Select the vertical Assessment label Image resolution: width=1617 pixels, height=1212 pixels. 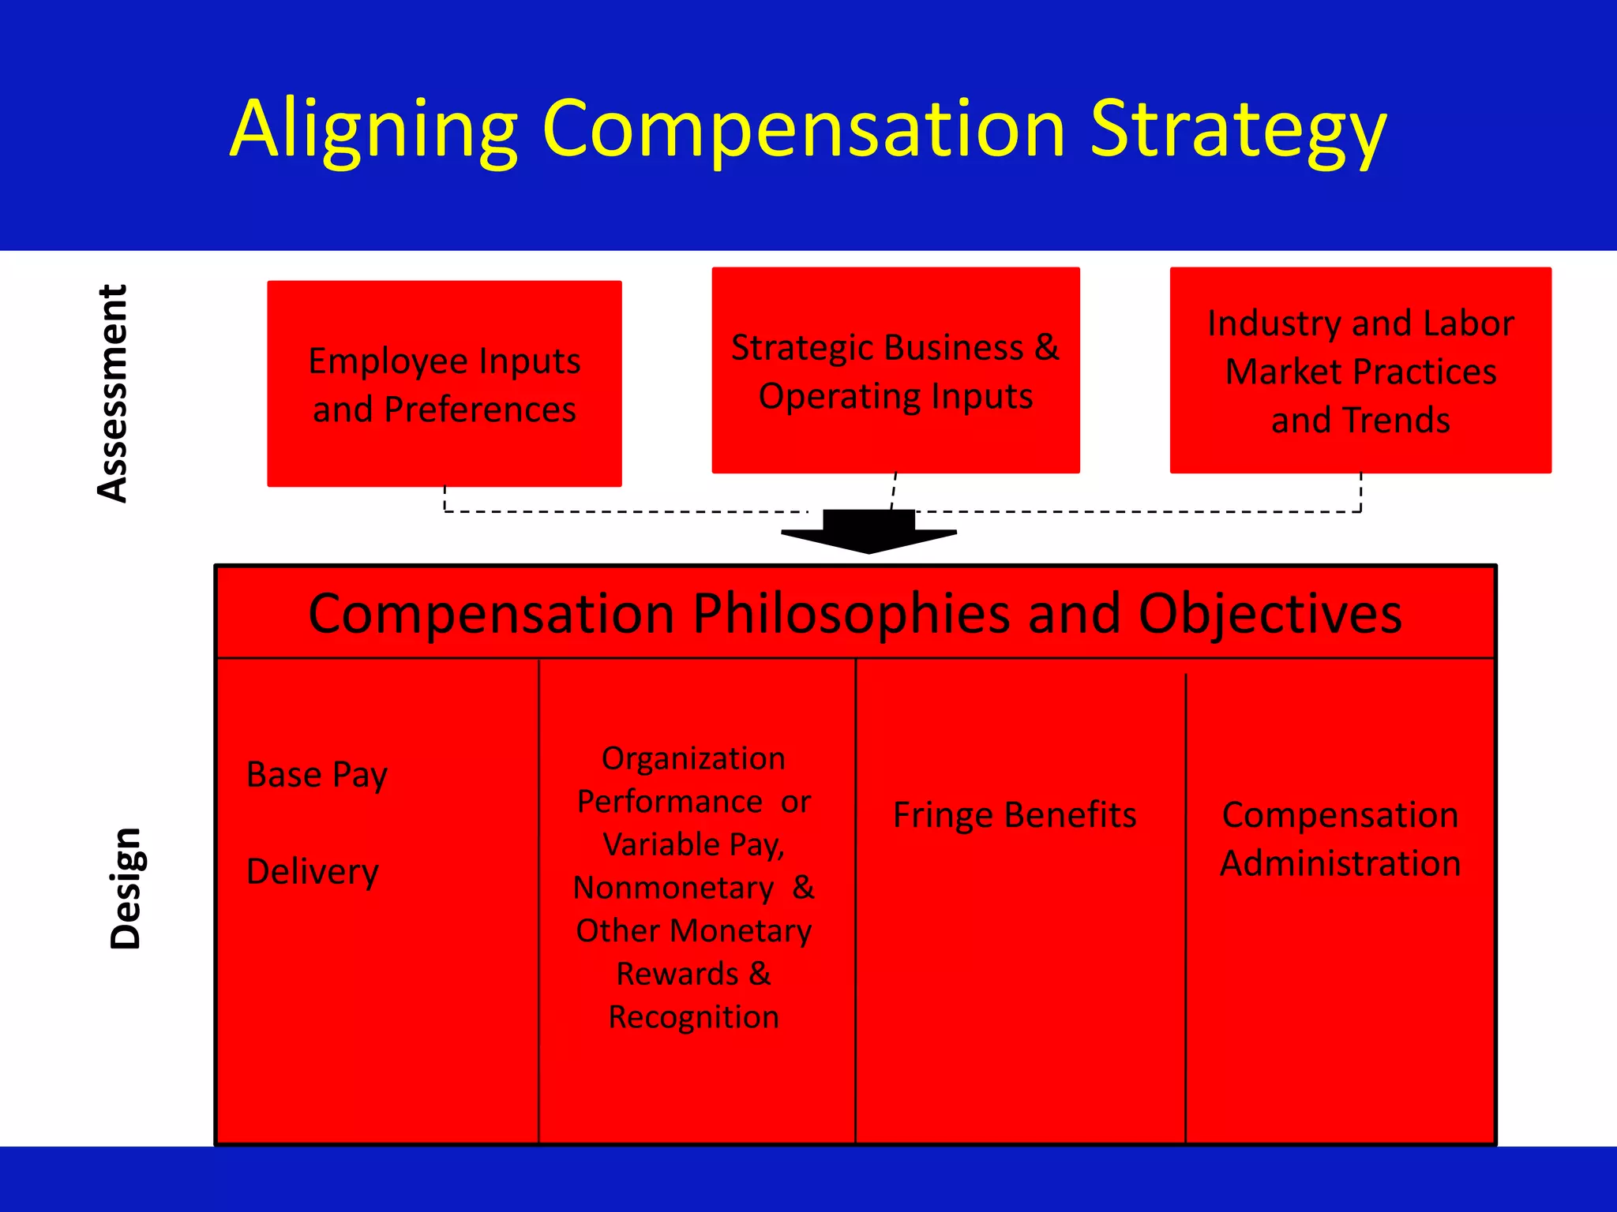pyautogui.click(x=113, y=393)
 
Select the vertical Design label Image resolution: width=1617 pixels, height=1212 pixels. pyautogui.click(x=126, y=888)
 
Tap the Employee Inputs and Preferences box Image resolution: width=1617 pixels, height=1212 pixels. pyautogui.click(x=445, y=384)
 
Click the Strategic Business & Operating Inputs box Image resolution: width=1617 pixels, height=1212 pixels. pyautogui.click(x=895, y=371)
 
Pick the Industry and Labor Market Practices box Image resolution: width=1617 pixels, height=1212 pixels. pyautogui.click(x=1360, y=371)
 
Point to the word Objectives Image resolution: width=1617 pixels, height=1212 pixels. pyautogui.click(x=1270, y=614)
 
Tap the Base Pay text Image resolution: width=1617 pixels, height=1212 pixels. pyautogui.click(x=317, y=775)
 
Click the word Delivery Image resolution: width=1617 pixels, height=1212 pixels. pyautogui.click(x=313, y=872)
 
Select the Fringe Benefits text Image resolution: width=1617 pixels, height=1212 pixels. pyautogui.click(x=1015, y=815)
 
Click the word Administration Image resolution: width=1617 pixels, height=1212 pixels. pyautogui.click(x=1340, y=863)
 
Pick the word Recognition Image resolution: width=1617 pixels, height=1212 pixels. pyautogui.click(x=693, y=1017)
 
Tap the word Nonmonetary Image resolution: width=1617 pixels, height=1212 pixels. pyautogui.click(x=673, y=888)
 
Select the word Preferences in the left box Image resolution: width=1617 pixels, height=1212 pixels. pyautogui.click(x=480, y=410)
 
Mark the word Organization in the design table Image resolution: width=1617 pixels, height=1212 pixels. pyautogui.click(x=693, y=758)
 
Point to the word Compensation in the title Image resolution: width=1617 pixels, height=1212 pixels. pyautogui.click(x=805, y=130)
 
